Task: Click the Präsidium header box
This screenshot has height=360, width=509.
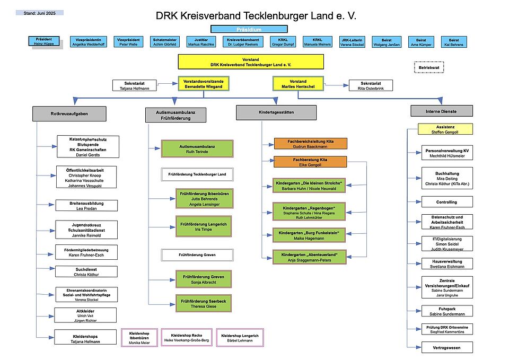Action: pyautogui.click(x=249, y=29)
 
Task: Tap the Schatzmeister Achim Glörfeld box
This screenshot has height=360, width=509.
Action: pyautogui.click(x=164, y=42)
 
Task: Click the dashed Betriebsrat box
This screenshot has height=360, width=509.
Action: pyautogui.click(x=428, y=67)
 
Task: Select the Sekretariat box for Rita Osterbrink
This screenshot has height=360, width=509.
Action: pyautogui.click(x=371, y=85)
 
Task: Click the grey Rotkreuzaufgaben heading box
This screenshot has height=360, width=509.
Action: pyautogui.click(x=69, y=113)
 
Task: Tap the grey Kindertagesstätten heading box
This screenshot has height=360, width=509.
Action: pyautogui.click(x=276, y=112)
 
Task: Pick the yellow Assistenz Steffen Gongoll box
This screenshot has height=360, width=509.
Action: pyautogui.click(x=445, y=129)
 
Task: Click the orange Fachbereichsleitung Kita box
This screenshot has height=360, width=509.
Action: pyautogui.click(x=310, y=143)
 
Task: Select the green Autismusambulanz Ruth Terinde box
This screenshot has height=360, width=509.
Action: pyautogui.click(x=198, y=148)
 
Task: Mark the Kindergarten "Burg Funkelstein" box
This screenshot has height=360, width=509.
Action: pyautogui.click(x=309, y=235)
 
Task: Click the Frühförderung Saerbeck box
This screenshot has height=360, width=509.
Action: pyautogui.click(x=204, y=304)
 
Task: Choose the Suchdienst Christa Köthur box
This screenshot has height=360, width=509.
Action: pyautogui.click(x=87, y=271)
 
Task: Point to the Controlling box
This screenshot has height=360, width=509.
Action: pyautogui.click(x=446, y=202)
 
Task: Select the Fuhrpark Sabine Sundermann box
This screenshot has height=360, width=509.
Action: pyautogui.click(x=446, y=311)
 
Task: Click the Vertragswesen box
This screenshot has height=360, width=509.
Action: pyautogui.click(x=446, y=348)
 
